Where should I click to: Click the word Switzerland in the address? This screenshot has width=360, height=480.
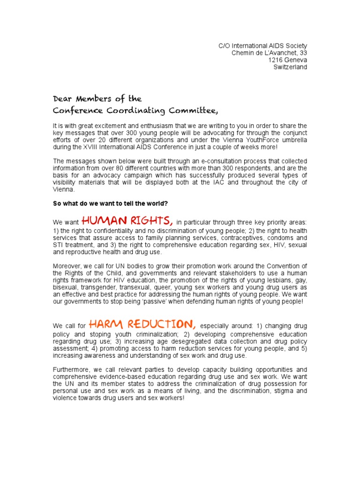(x=290, y=67)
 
